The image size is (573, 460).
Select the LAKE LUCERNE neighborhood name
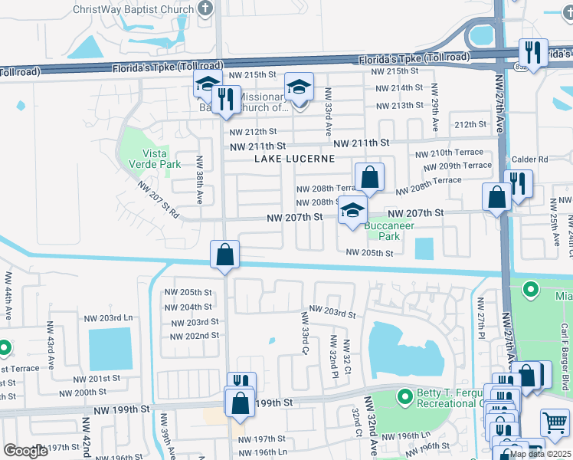(x=295, y=159)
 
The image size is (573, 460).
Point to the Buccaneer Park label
(x=388, y=231)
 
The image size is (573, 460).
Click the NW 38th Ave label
(x=199, y=179)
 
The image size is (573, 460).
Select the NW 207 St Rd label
(x=158, y=200)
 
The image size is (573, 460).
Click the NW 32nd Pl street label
(x=333, y=356)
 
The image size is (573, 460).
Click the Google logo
(x=25, y=451)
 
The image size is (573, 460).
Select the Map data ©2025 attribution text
(x=540, y=454)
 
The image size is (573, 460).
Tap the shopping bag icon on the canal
(x=225, y=255)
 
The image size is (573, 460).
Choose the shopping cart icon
(x=555, y=422)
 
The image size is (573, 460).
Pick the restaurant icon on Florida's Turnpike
(x=533, y=52)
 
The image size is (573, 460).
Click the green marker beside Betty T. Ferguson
(x=404, y=397)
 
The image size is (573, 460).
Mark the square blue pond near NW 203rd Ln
(x=110, y=349)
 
